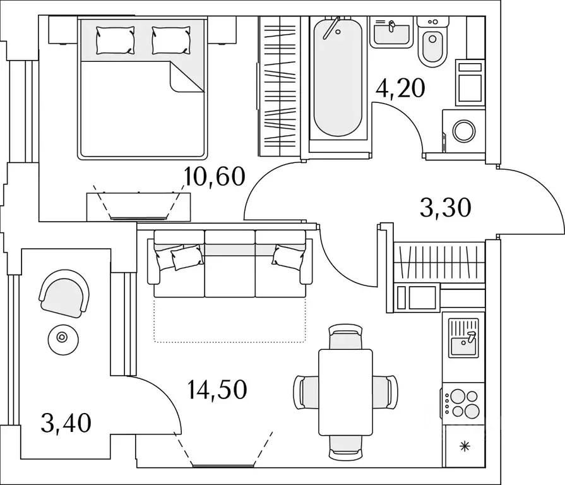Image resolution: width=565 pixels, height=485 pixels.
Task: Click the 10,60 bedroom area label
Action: (215, 177)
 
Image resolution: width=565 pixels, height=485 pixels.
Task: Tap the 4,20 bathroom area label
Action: (400, 88)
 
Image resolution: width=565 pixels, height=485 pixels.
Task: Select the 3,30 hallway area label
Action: (445, 208)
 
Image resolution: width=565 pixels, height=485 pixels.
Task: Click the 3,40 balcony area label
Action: (66, 423)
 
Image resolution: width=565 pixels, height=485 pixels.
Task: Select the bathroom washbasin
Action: (391, 33)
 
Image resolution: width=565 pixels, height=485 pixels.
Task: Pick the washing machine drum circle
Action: (464, 131)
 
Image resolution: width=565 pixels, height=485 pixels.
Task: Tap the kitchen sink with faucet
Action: (463, 338)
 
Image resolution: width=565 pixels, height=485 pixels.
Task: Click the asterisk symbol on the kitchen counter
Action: (465, 447)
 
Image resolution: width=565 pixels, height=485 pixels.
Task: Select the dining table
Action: (345, 392)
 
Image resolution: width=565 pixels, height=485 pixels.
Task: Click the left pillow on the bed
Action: (116, 40)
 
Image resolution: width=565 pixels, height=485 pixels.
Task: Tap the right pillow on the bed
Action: (171, 40)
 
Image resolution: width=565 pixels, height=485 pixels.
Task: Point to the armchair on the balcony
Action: (64, 293)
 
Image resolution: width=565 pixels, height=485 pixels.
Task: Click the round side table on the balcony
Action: (62, 337)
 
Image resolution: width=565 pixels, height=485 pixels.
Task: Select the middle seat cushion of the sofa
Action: (230, 264)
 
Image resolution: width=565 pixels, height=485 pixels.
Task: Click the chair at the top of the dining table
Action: (345, 337)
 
